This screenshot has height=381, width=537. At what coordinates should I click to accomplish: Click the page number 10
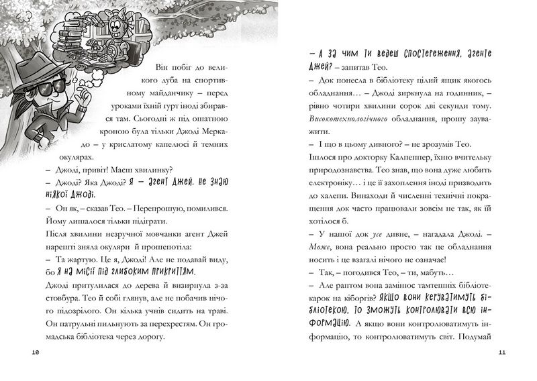point(36,352)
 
